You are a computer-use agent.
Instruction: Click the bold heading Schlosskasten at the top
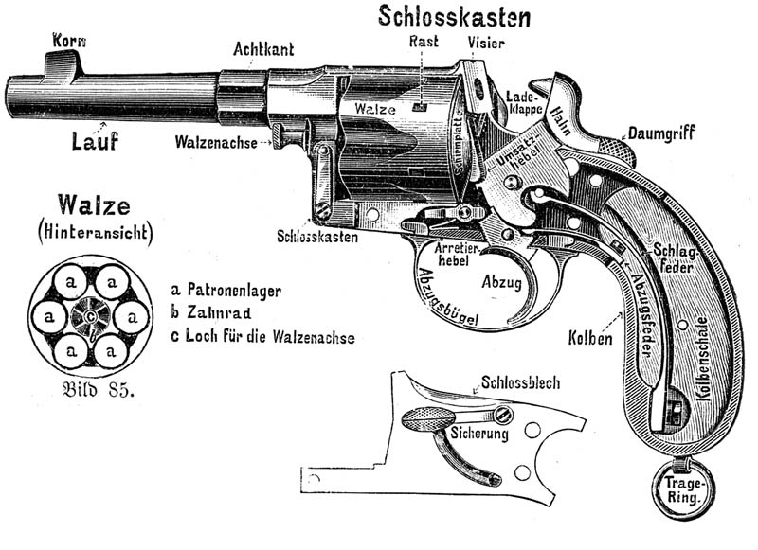point(454,16)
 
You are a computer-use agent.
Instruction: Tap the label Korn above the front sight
point(69,41)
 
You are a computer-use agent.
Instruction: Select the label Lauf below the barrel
point(95,140)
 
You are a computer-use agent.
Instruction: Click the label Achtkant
point(263,49)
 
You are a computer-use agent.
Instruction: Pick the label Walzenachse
point(216,142)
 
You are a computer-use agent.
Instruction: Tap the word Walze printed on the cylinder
point(375,108)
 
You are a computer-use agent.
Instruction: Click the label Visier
point(486,43)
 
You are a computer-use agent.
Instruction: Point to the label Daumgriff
point(661,133)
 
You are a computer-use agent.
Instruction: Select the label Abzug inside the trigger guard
point(501,281)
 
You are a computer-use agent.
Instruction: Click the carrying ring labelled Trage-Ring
point(682,488)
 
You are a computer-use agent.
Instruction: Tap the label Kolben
point(589,338)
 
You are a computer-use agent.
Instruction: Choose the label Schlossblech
point(520,383)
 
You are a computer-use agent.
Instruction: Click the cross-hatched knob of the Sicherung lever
point(427,419)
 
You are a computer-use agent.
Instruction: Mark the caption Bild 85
point(98,389)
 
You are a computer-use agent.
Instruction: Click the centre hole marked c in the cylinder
point(90,316)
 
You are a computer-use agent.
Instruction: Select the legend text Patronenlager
point(234,291)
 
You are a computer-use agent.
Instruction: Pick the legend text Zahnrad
point(219,313)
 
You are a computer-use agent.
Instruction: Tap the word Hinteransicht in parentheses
point(96,232)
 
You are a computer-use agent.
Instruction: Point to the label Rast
point(424,41)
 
